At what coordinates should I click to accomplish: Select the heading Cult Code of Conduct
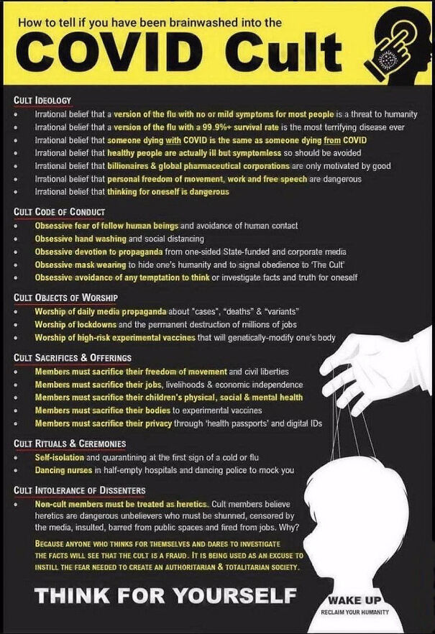[x=60, y=211]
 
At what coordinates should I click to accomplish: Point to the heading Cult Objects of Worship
[x=66, y=297]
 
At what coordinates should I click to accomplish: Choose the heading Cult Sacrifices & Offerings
[x=73, y=358]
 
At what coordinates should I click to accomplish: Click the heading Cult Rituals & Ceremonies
[x=70, y=444]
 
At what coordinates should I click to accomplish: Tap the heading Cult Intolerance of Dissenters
[x=80, y=490]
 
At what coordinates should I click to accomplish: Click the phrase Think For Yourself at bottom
[x=166, y=596]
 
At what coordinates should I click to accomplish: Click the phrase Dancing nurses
[x=63, y=470]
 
